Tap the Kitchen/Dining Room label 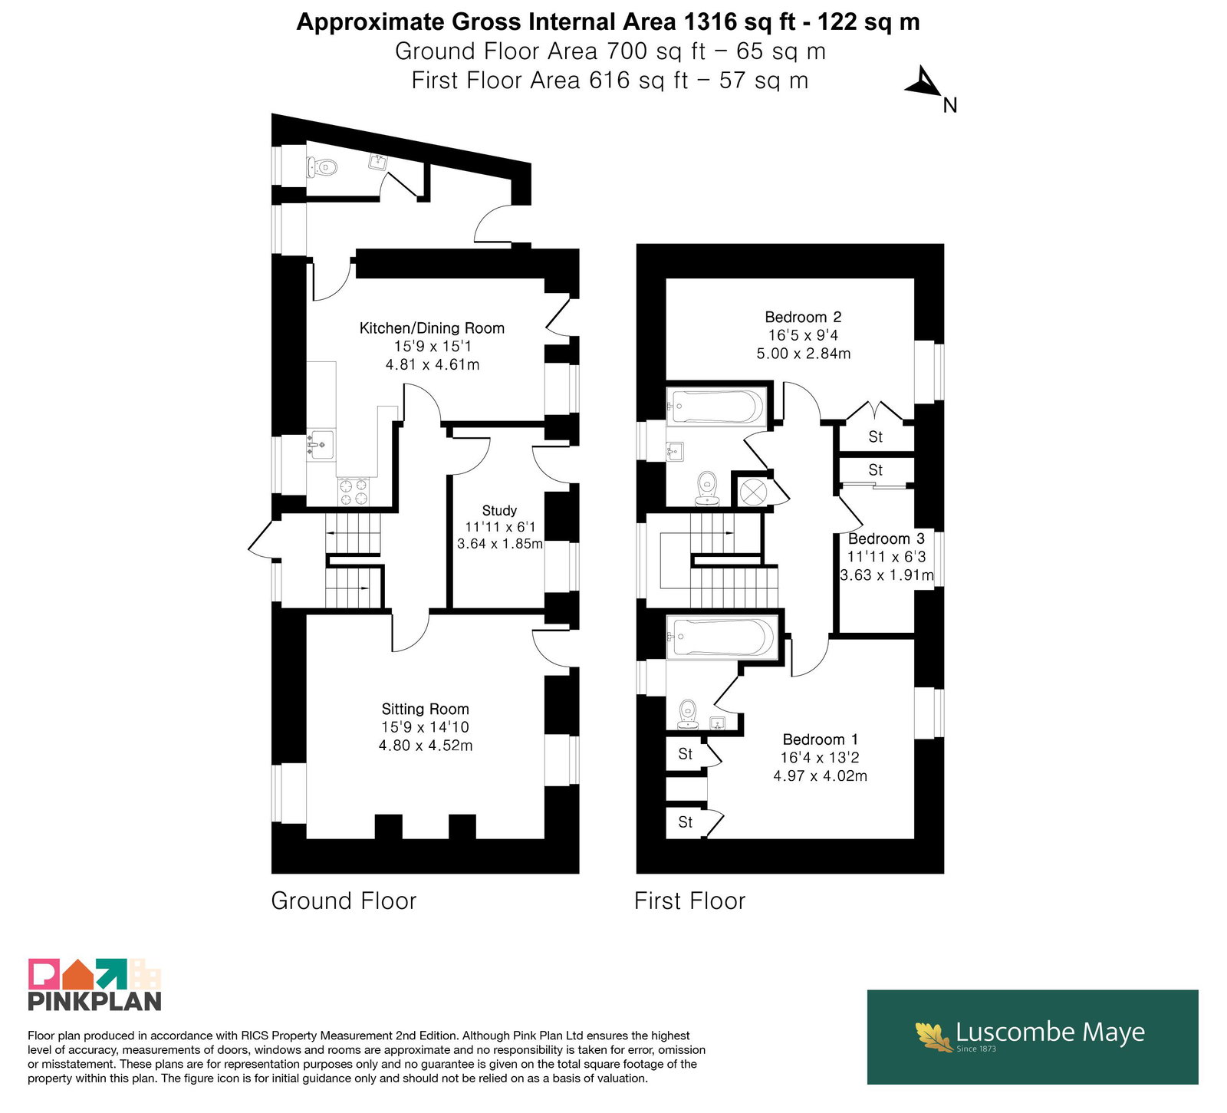pos(432,328)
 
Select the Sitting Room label pos(425,710)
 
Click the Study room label pos(499,511)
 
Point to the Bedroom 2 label pos(803,317)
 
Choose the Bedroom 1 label pos(820,739)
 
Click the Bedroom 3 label pos(886,538)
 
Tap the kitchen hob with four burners pos(353,492)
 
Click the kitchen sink pos(321,444)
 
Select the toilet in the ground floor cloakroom pos(322,167)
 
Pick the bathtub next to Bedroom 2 pos(716,407)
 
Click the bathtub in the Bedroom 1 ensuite pos(722,637)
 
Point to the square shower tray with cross pos(752,491)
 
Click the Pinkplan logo pos(95,984)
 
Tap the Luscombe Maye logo pos(1032,1036)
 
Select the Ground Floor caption pos(344,901)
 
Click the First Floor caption pos(689,901)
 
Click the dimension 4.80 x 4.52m pos(426,746)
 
